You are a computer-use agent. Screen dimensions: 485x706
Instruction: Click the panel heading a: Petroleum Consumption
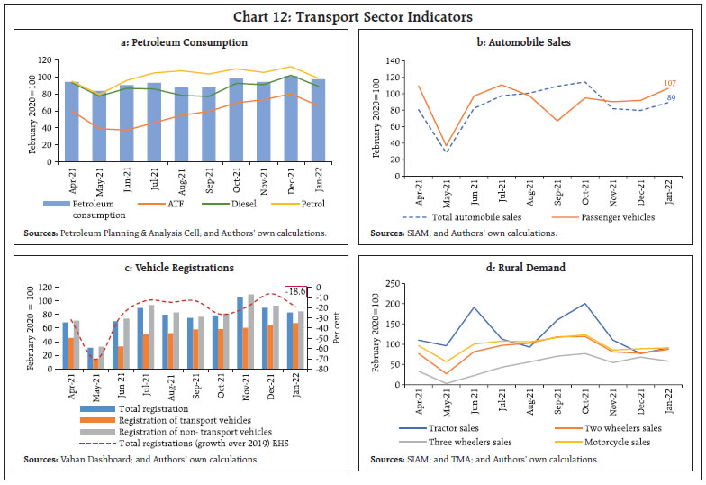[x=184, y=42]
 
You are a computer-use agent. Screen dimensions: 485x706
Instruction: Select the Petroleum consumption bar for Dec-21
[x=289, y=118]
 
